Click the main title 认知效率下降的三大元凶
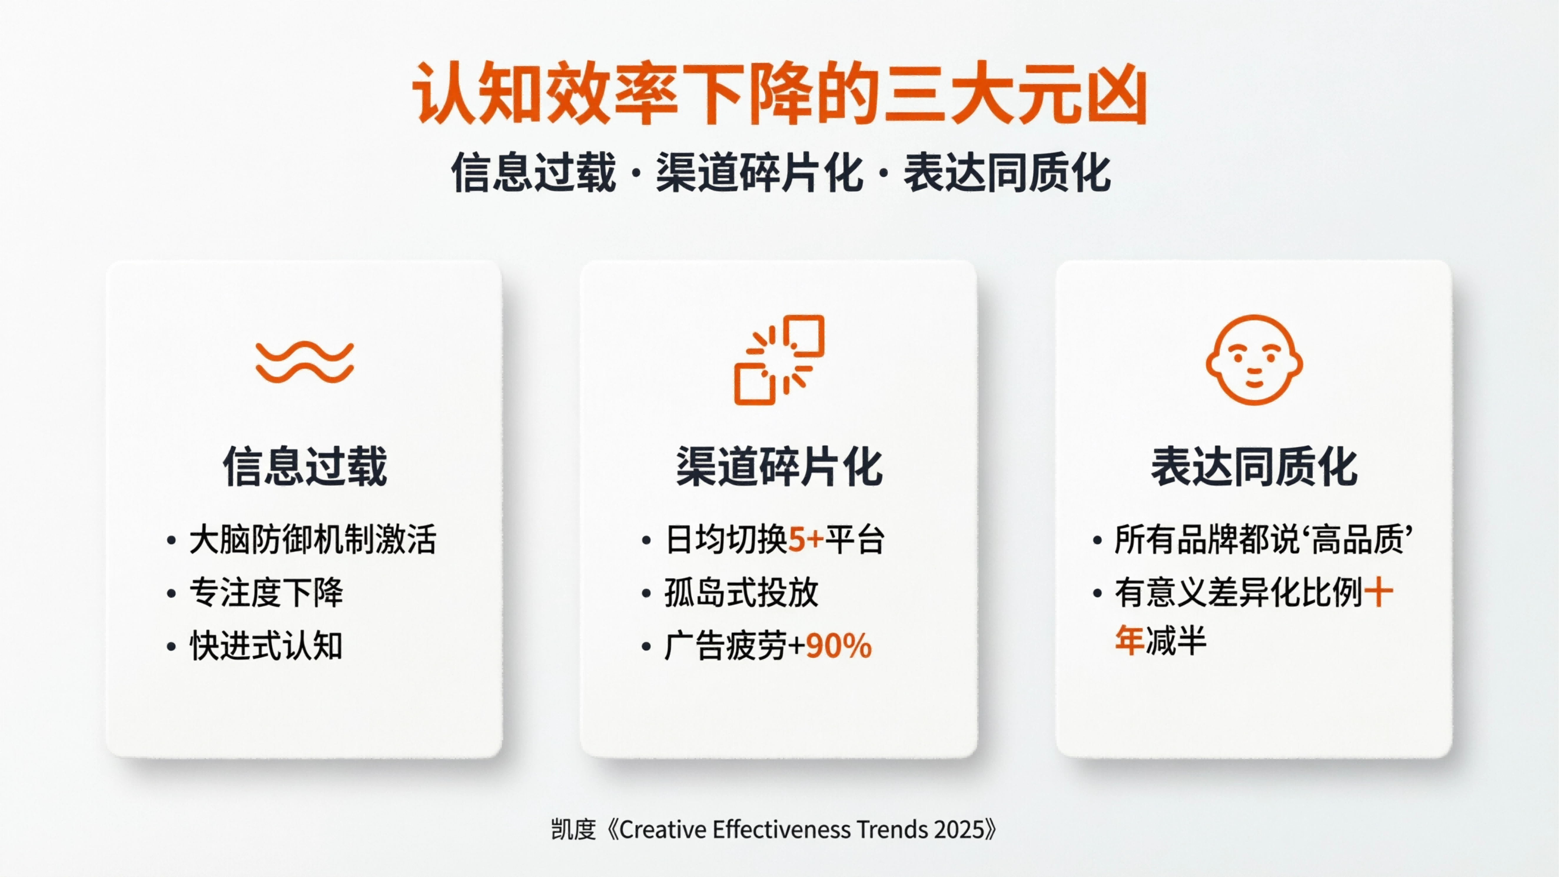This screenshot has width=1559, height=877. [779, 94]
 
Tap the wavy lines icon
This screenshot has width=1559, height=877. [304, 362]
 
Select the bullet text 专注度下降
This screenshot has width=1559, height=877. [266, 592]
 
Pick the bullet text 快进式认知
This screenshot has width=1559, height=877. [266, 646]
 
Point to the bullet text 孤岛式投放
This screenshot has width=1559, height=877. [741, 592]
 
